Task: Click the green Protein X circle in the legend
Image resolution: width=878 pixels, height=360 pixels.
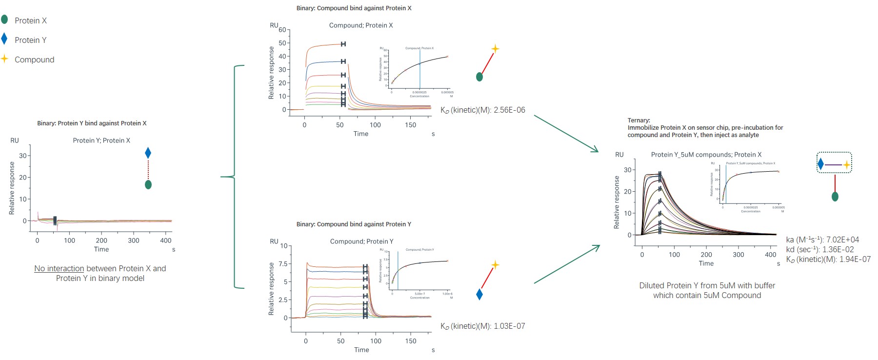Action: pos(4,20)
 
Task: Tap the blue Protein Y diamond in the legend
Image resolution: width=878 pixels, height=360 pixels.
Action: pos(4,39)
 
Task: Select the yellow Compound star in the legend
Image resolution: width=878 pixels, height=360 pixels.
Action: pos(4,59)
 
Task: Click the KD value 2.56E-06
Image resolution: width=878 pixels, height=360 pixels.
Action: pos(509,110)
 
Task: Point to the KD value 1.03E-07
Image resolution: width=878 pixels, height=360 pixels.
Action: pos(509,326)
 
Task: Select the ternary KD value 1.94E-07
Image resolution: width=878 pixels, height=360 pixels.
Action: pos(855,260)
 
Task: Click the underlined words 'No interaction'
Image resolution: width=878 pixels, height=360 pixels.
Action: pos(59,269)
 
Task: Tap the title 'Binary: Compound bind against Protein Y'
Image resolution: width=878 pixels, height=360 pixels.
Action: pos(354,224)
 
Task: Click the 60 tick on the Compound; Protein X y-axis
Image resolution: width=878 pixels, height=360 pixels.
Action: pos(282,30)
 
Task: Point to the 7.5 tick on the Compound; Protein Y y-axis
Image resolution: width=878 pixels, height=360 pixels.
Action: pos(283,264)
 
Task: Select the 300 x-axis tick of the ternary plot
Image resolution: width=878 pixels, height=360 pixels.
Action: pos(738,255)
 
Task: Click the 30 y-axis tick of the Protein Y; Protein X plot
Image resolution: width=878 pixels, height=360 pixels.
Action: pos(23,156)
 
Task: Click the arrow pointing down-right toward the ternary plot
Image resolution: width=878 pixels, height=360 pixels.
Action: pos(566,134)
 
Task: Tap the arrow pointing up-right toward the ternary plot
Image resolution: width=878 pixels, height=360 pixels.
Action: pos(567,264)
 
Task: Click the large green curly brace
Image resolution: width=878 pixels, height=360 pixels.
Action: pos(235,177)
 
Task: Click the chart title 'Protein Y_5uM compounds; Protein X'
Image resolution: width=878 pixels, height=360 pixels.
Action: pos(706,155)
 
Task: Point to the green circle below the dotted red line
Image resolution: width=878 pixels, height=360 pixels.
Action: pos(148,184)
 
